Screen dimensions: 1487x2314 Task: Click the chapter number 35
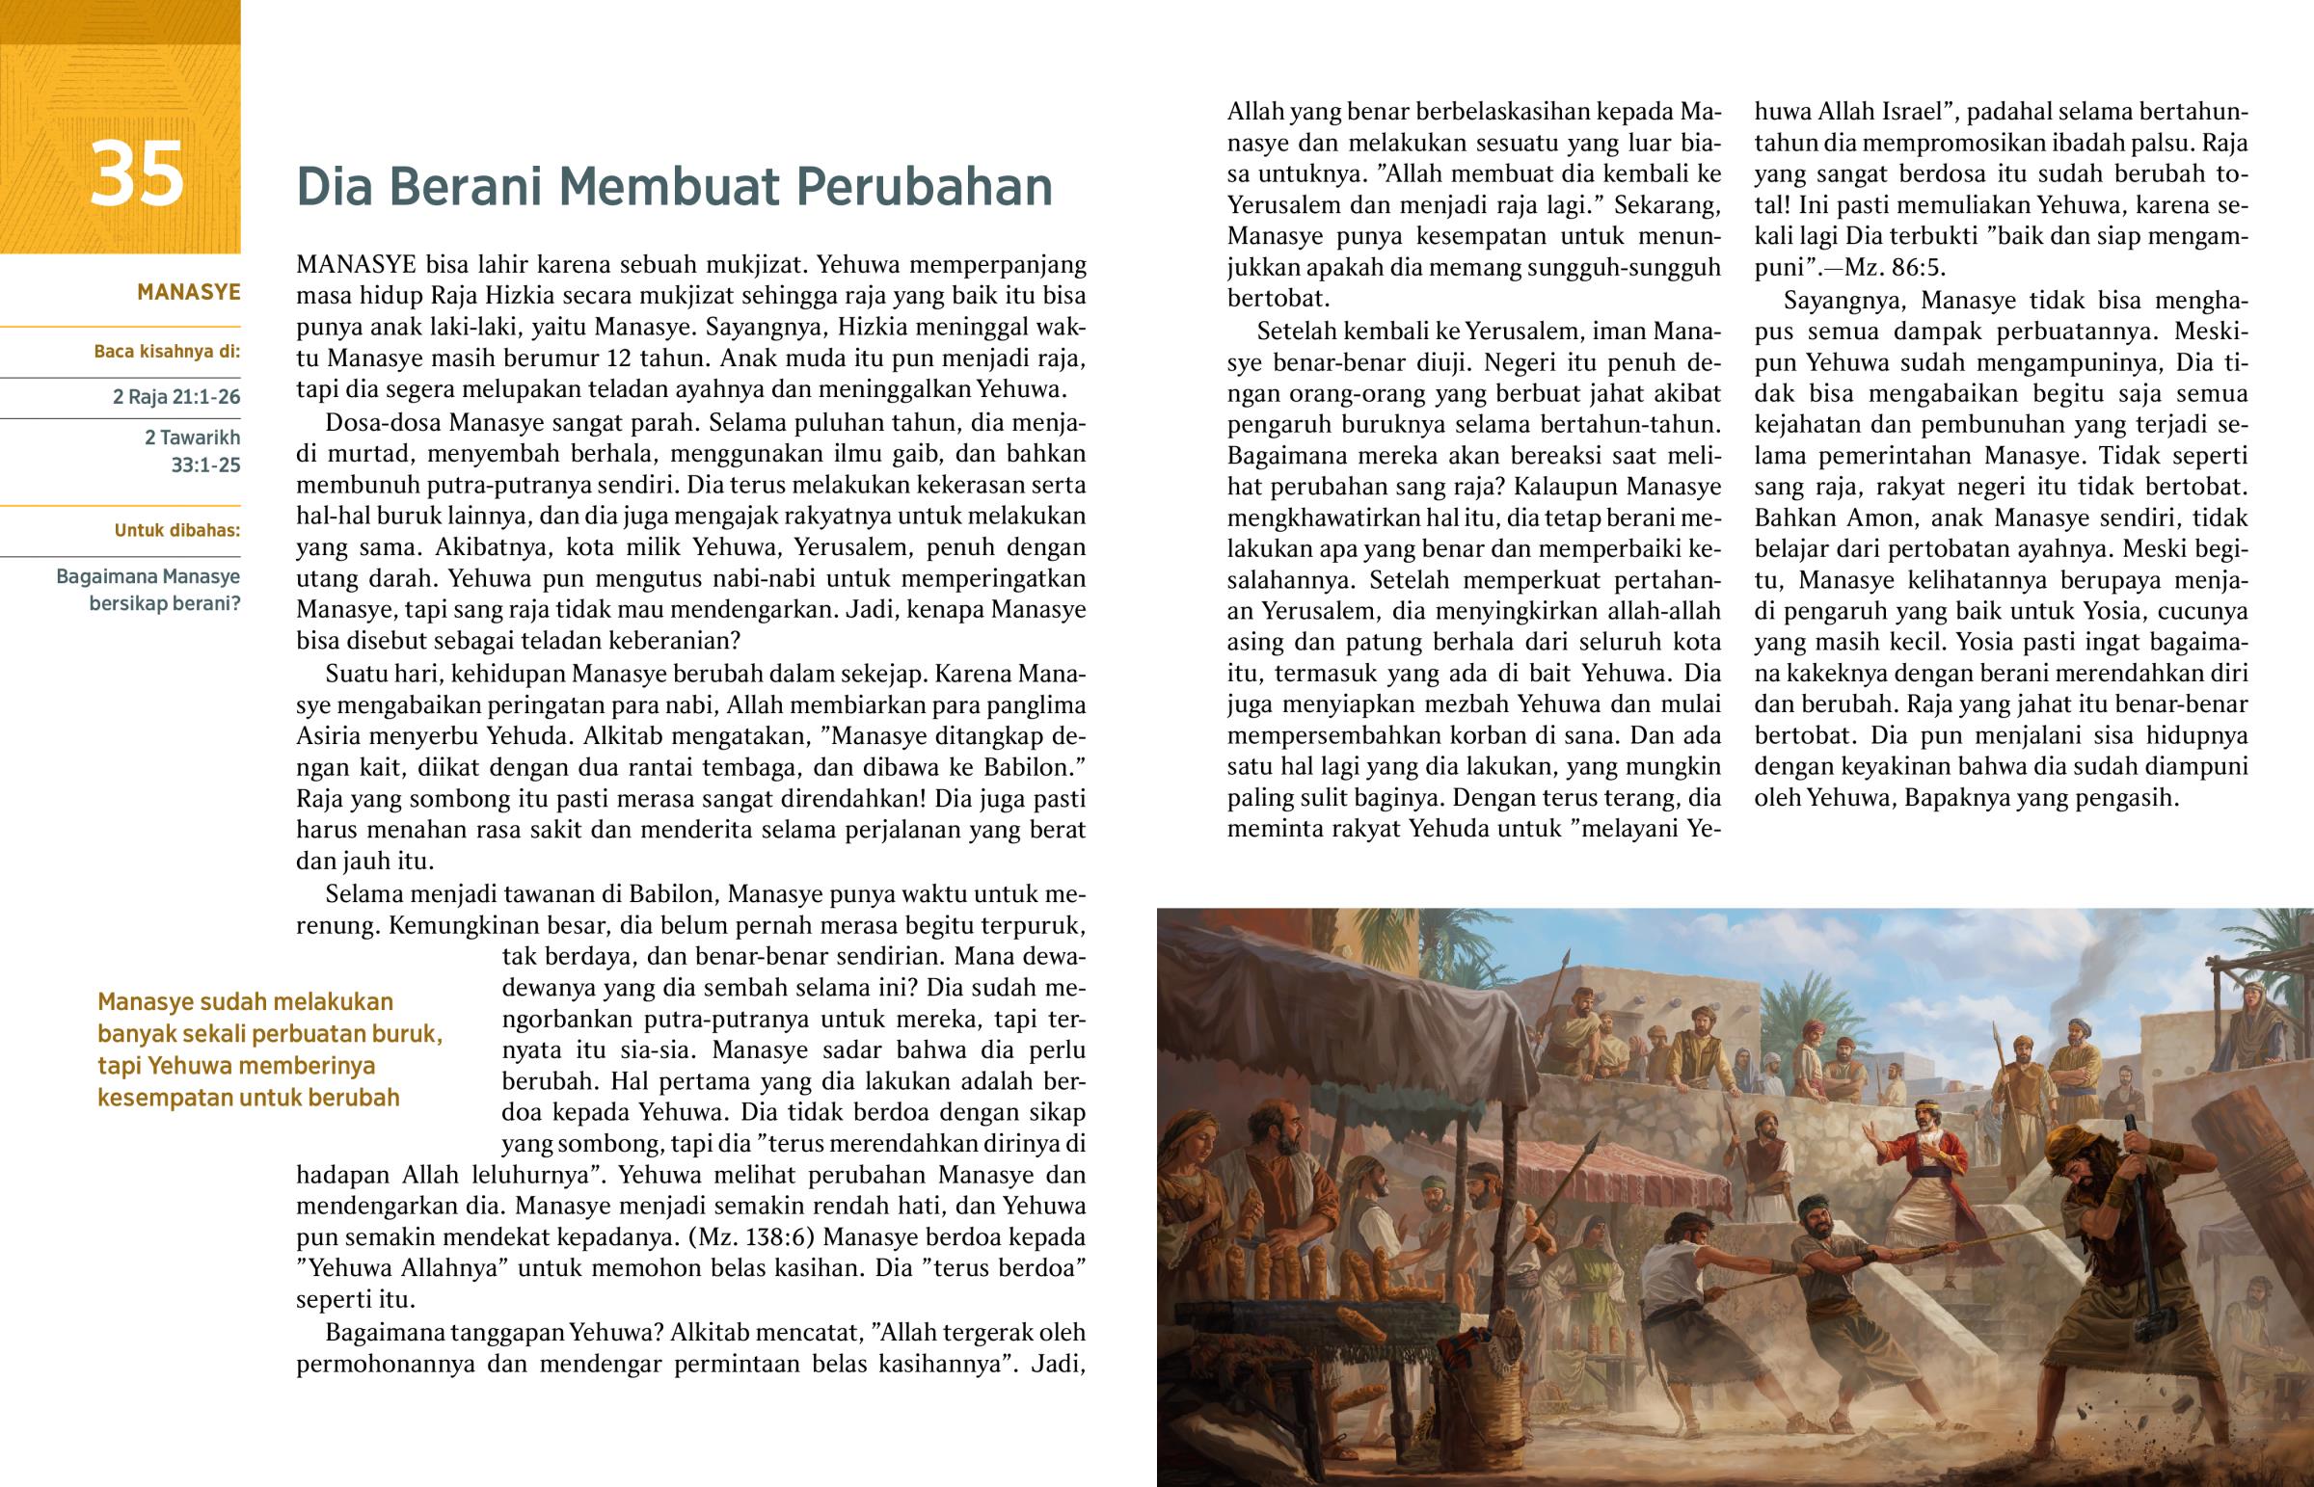click(x=136, y=174)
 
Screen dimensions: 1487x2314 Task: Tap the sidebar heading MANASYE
click(x=188, y=293)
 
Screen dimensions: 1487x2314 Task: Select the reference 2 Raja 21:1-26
click(x=176, y=397)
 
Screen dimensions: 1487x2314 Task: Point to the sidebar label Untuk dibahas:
click(x=177, y=530)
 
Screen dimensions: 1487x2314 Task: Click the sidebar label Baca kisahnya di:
click(x=167, y=352)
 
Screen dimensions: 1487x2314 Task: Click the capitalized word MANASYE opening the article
click(x=356, y=265)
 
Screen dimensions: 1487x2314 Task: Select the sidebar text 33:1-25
click(x=205, y=465)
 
